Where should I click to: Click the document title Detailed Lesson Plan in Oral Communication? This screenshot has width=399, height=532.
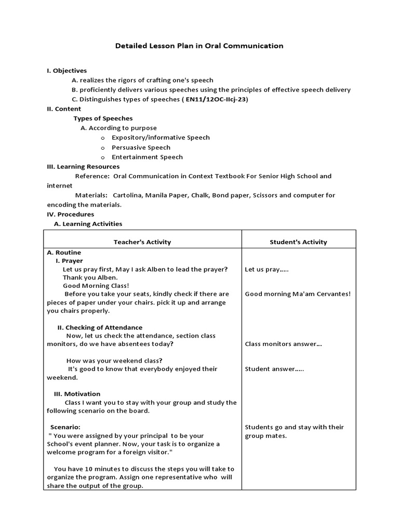point(199,46)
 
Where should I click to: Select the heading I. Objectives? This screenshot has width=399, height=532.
point(66,70)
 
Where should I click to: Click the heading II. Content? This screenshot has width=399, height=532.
point(63,109)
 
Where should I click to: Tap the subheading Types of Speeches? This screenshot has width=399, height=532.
point(103,118)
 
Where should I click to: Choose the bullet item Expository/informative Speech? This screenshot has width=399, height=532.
point(161,138)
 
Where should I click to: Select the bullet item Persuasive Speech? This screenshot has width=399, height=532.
point(141,148)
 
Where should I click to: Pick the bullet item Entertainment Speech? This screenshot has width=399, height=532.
point(147,157)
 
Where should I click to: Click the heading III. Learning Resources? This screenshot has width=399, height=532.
point(83,167)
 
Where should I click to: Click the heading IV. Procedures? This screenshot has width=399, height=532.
point(70,214)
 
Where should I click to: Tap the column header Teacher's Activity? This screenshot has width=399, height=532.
point(142,242)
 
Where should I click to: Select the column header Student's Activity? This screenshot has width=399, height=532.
point(298,242)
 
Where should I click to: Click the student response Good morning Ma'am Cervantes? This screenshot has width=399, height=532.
point(298,294)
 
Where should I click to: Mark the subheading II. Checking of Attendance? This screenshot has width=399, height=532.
point(100,328)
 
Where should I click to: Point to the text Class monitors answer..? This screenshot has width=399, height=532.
point(283,344)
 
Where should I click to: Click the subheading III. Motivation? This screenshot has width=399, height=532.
point(77,394)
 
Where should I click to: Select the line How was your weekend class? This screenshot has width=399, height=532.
point(114,361)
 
